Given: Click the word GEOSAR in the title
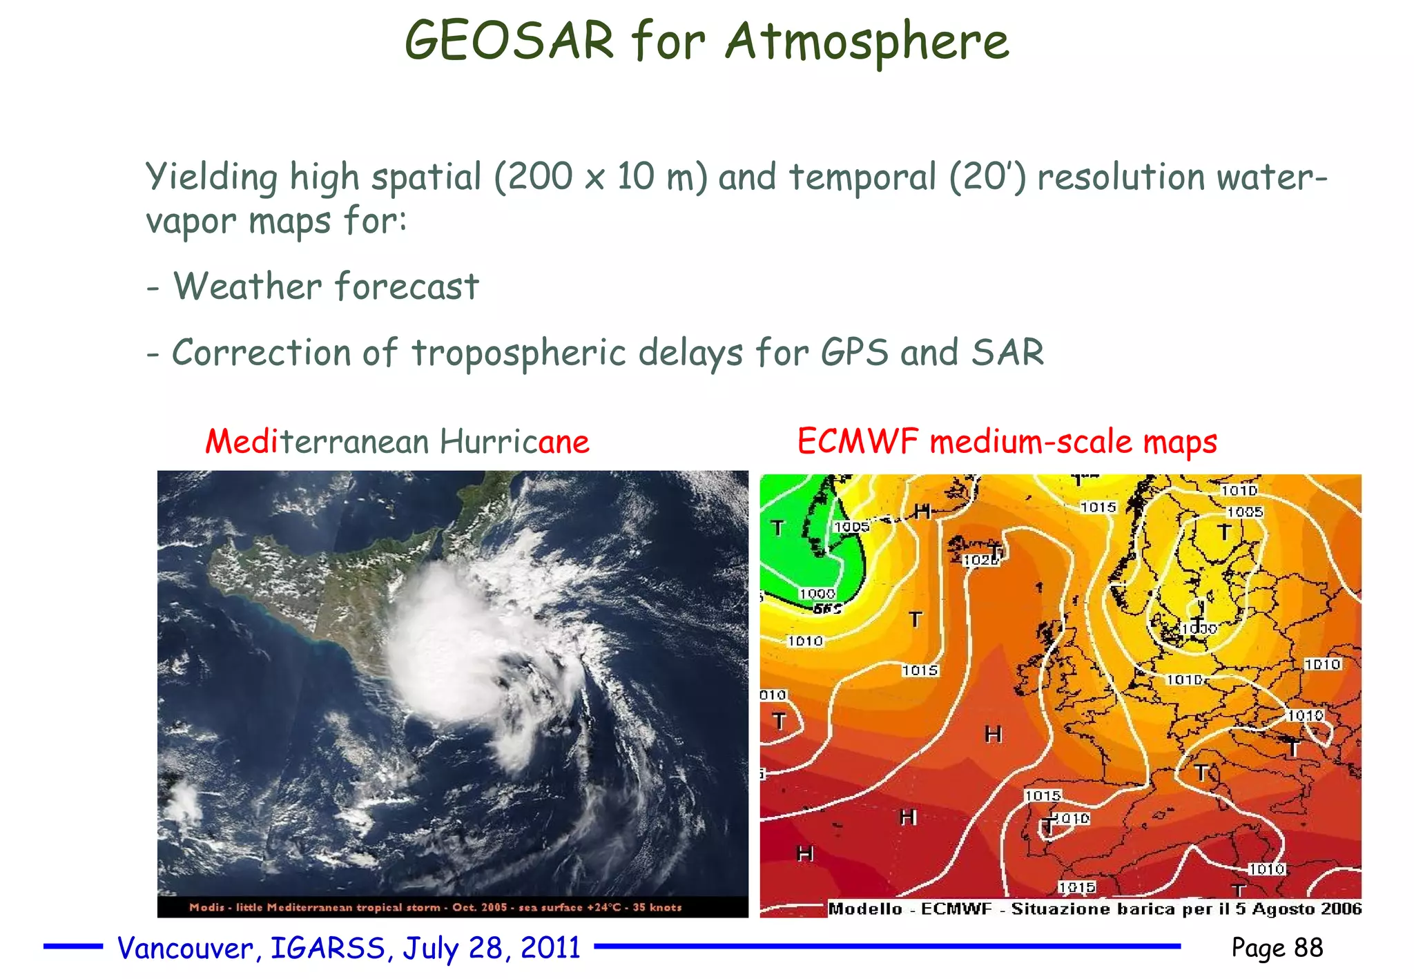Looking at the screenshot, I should (x=509, y=41).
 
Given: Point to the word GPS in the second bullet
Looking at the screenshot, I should (x=854, y=353).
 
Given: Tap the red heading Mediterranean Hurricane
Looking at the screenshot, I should (x=397, y=442).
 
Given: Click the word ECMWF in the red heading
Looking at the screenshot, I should (x=858, y=442).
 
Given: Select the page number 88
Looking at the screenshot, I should (x=1308, y=948).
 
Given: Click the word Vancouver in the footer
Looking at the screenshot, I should (x=185, y=949).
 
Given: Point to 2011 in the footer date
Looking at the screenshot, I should (x=550, y=948).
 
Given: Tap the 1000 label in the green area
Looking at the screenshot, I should (x=817, y=594).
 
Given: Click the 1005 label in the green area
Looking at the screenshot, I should (x=851, y=527).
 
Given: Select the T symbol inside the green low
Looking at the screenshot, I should (x=777, y=528).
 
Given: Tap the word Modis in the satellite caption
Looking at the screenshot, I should (x=206, y=907).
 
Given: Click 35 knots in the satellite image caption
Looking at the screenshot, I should (x=657, y=907).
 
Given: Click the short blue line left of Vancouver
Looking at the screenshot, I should (x=72, y=947).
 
